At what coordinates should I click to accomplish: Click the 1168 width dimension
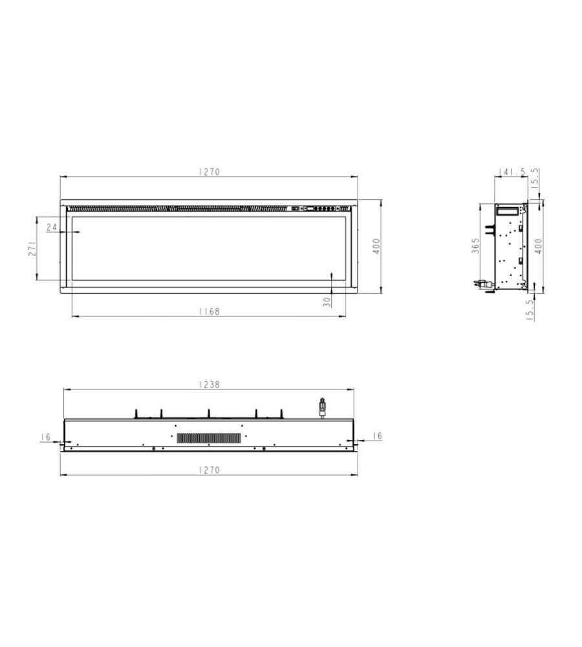[x=209, y=312]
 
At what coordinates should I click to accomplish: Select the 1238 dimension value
[x=209, y=384]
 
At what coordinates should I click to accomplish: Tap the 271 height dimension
[x=32, y=248]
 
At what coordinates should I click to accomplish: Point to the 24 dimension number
[x=52, y=227]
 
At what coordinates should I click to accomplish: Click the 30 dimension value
[x=327, y=302]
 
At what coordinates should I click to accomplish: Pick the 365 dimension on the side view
[x=475, y=245]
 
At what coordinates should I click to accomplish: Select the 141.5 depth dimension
[x=512, y=171]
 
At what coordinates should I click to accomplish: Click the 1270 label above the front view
[x=209, y=171]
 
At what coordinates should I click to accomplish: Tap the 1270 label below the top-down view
[x=209, y=470]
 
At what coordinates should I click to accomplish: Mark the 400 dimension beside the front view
[x=376, y=247]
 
